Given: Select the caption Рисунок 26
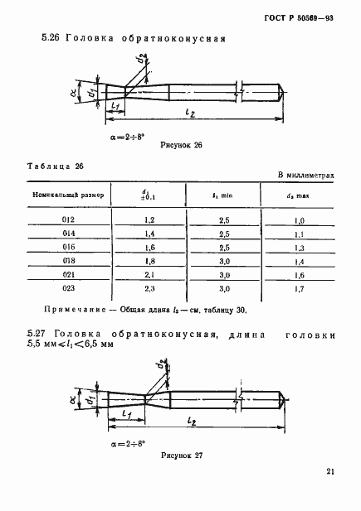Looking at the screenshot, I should tap(180, 144).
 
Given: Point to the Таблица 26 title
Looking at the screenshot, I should tap(56, 166).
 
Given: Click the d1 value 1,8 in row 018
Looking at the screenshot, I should tap(150, 262).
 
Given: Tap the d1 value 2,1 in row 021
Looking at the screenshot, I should tap(150, 276).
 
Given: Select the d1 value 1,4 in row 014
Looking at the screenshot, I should tap(150, 234).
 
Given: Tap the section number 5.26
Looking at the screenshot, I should tap(52, 37).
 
